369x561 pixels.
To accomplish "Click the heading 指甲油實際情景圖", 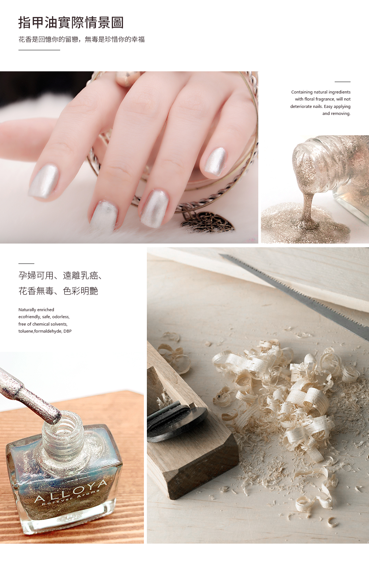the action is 71,23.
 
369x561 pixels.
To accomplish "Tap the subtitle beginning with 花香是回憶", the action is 82,39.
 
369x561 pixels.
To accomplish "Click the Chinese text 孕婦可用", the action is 36,275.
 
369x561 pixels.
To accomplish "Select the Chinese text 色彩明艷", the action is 80,291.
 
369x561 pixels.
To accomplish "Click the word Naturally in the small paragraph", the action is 27,310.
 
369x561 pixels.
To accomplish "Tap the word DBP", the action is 68,331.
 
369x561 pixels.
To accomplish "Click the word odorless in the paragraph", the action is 61,317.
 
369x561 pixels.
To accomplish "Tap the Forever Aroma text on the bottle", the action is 70,497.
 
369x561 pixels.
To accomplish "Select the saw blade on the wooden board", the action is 294,297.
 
